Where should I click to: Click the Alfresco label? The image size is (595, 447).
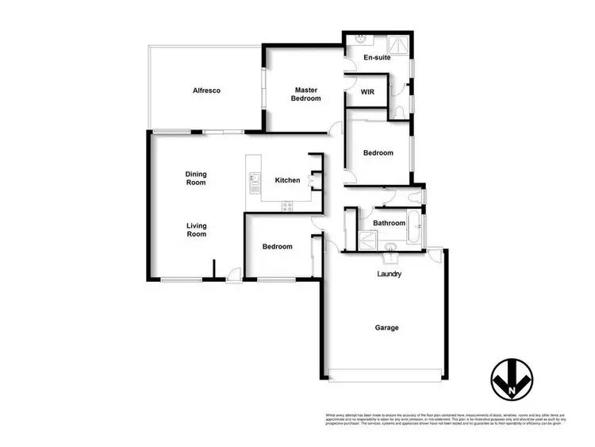click(206, 91)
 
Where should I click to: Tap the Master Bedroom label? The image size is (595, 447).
click(307, 94)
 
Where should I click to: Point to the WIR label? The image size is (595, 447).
click(367, 92)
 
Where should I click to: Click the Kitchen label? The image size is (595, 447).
click(287, 180)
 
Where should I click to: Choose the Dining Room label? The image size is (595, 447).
click(196, 178)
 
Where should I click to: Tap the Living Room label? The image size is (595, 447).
click(196, 229)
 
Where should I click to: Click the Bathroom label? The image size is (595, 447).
click(390, 223)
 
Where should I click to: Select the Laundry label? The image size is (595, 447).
click(389, 274)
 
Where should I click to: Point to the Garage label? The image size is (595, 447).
click(387, 327)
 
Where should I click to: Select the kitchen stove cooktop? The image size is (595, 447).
click(286, 206)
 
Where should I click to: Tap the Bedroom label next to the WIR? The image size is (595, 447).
click(378, 153)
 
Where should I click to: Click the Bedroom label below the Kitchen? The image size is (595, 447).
click(277, 247)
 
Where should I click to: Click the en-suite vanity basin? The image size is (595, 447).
click(359, 39)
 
